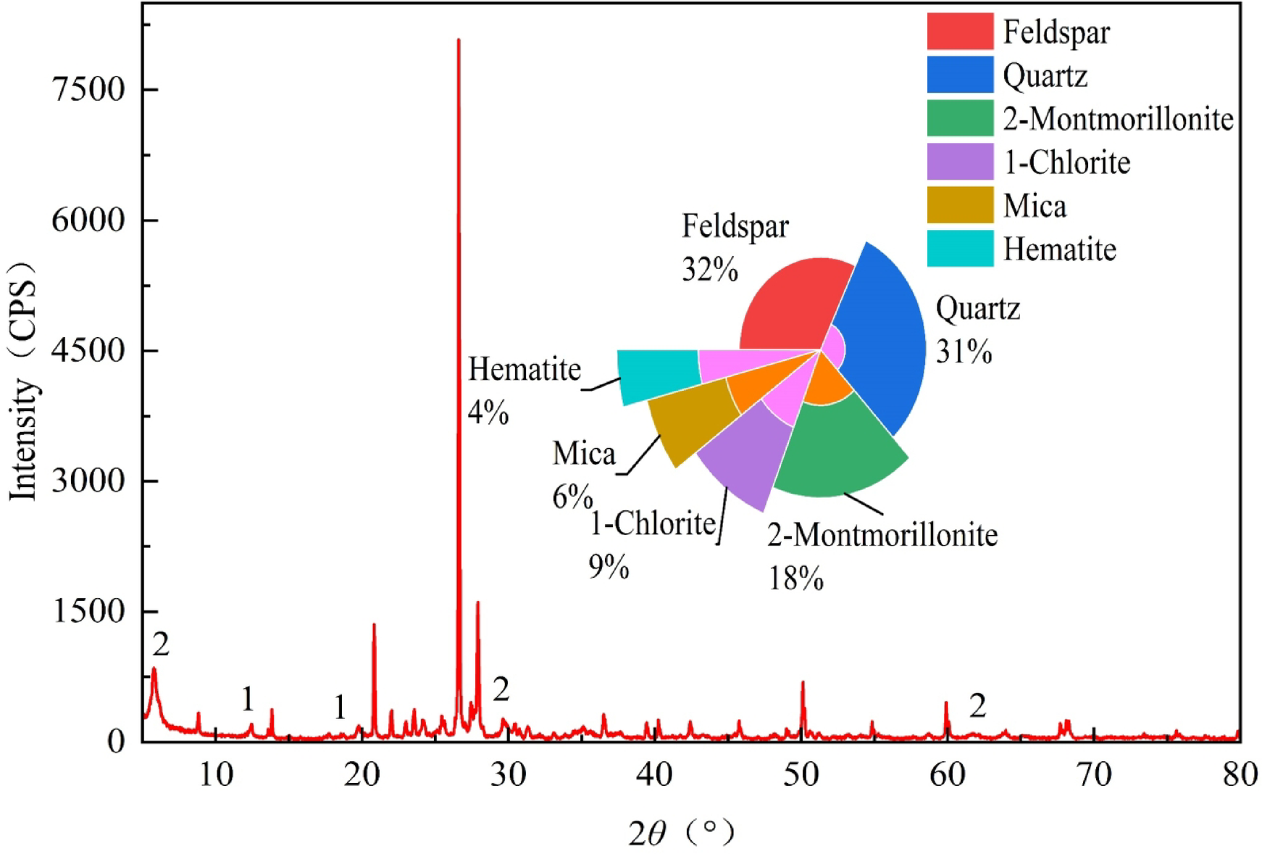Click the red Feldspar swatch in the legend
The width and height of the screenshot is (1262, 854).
960,32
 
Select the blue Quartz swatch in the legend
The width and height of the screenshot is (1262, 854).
960,75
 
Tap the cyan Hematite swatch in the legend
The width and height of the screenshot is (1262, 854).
960,249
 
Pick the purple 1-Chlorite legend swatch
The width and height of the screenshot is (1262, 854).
960,162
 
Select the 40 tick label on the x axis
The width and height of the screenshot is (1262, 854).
655,775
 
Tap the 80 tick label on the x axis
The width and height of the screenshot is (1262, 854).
1240,775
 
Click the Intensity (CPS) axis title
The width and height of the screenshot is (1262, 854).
23,381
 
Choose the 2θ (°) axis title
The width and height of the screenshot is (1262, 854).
681,833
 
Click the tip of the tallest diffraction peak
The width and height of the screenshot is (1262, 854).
459,41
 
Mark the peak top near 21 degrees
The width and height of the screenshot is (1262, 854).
374,625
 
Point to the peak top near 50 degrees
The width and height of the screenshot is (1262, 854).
803,683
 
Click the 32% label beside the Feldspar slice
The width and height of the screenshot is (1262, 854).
709,270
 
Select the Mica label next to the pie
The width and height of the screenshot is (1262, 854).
584,454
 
